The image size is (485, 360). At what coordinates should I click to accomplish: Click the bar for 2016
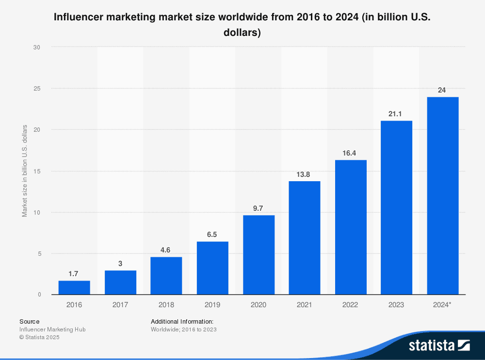(x=74, y=287)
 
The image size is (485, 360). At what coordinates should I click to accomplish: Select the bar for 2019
(x=212, y=268)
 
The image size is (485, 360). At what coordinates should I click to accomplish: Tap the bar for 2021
(x=305, y=237)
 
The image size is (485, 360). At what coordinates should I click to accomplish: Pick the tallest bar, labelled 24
(x=442, y=195)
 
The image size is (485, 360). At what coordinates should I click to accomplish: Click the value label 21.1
(x=396, y=114)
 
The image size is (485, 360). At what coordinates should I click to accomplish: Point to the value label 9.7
(x=258, y=208)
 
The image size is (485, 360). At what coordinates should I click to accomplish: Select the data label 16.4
(x=350, y=153)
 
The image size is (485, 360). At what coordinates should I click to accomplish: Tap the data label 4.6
(x=166, y=250)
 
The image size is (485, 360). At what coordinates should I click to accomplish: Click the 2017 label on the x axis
(x=120, y=305)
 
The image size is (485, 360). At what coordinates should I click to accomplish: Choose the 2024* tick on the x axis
(x=442, y=305)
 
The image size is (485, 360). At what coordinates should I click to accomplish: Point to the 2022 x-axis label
(x=350, y=305)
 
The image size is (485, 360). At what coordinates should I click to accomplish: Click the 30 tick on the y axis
(x=37, y=47)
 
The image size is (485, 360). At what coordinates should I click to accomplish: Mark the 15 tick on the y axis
(x=37, y=171)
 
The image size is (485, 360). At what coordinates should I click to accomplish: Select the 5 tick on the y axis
(x=38, y=253)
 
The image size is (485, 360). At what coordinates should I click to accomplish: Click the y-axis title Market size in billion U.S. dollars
(x=25, y=171)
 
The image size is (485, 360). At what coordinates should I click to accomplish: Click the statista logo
(x=439, y=345)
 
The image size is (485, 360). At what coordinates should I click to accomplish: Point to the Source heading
(x=30, y=321)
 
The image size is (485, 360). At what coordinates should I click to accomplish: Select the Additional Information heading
(x=182, y=321)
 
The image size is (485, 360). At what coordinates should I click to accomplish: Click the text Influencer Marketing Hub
(x=52, y=329)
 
